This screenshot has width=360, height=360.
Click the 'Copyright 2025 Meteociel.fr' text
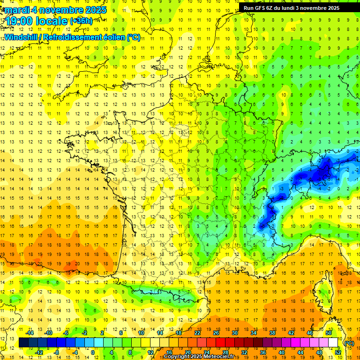[x=205, y=357]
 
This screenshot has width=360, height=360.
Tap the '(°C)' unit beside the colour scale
[x=349, y=343]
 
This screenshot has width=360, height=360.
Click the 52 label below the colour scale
[x=338, y=352]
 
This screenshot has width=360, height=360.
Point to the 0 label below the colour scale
[x=92, y=352]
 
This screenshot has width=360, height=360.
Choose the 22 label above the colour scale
[x=198, y=333]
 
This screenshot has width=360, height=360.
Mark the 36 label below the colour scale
[x=263, y=352]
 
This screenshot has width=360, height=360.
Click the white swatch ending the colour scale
[x=333, y=343]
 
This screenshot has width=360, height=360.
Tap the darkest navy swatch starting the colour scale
[x=23, y=343]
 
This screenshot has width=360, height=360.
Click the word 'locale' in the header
[x=52, y=21]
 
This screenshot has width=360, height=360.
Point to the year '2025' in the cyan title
[x=93, y=10]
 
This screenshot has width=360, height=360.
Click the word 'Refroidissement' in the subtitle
[x=72, y=37]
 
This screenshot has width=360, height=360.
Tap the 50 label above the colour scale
[x=329, y=333]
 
